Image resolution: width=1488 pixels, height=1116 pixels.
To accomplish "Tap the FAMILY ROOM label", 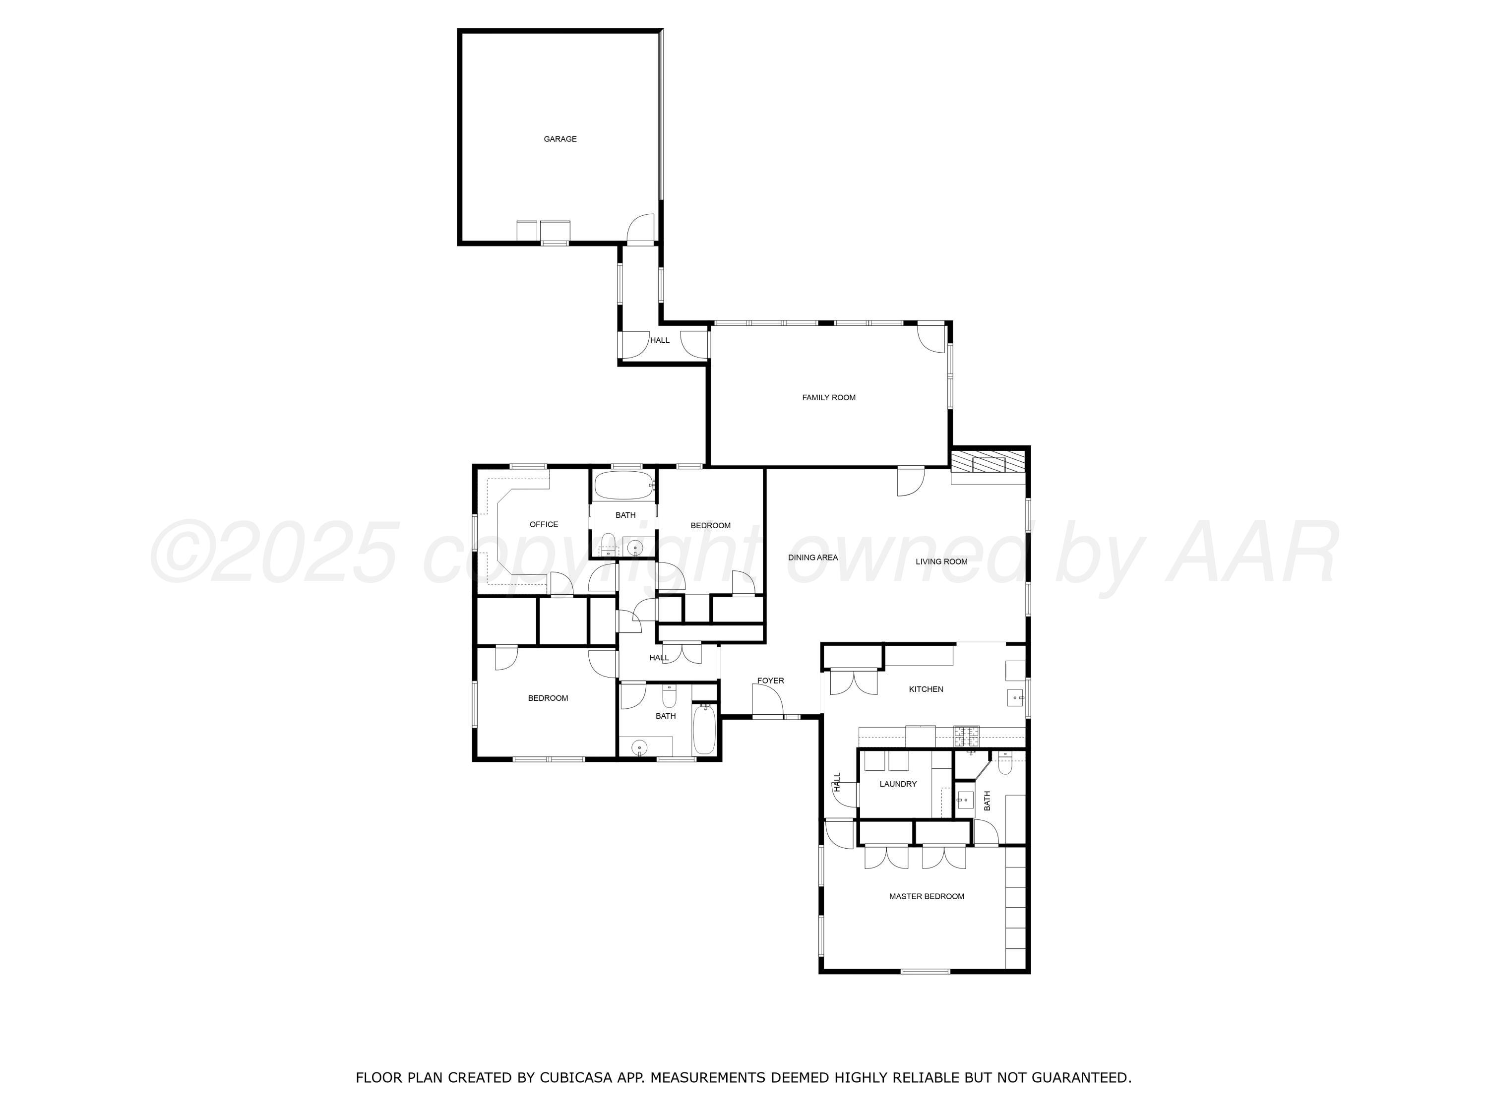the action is click(829, 398).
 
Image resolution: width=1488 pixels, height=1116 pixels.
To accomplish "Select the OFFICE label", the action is click(544, 525).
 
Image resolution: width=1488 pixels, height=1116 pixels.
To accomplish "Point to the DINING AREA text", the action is click(812, 558).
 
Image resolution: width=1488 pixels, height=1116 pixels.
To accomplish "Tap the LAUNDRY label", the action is click(898, 784).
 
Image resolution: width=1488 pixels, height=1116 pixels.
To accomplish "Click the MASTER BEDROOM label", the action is click(927, 897).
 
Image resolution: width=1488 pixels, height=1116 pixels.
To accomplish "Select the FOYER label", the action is click(770, 681).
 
